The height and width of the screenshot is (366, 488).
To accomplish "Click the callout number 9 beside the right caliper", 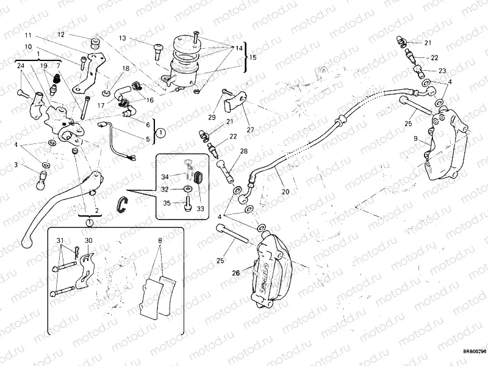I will (x=415, y=140).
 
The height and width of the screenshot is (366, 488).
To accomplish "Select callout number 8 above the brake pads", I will (x=160, y=241).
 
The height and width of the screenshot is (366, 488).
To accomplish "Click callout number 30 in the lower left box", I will (x=88, y=240).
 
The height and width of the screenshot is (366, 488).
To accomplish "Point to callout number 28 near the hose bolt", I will (x=244, y=151).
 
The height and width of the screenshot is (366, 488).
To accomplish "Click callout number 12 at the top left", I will (x=61, y=35).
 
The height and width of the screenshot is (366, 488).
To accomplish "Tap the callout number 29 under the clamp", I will (x=212, y=117).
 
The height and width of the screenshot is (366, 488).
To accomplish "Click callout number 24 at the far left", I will (x=20, y=65).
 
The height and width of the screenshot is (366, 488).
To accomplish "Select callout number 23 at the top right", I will (x=443, y=71).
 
